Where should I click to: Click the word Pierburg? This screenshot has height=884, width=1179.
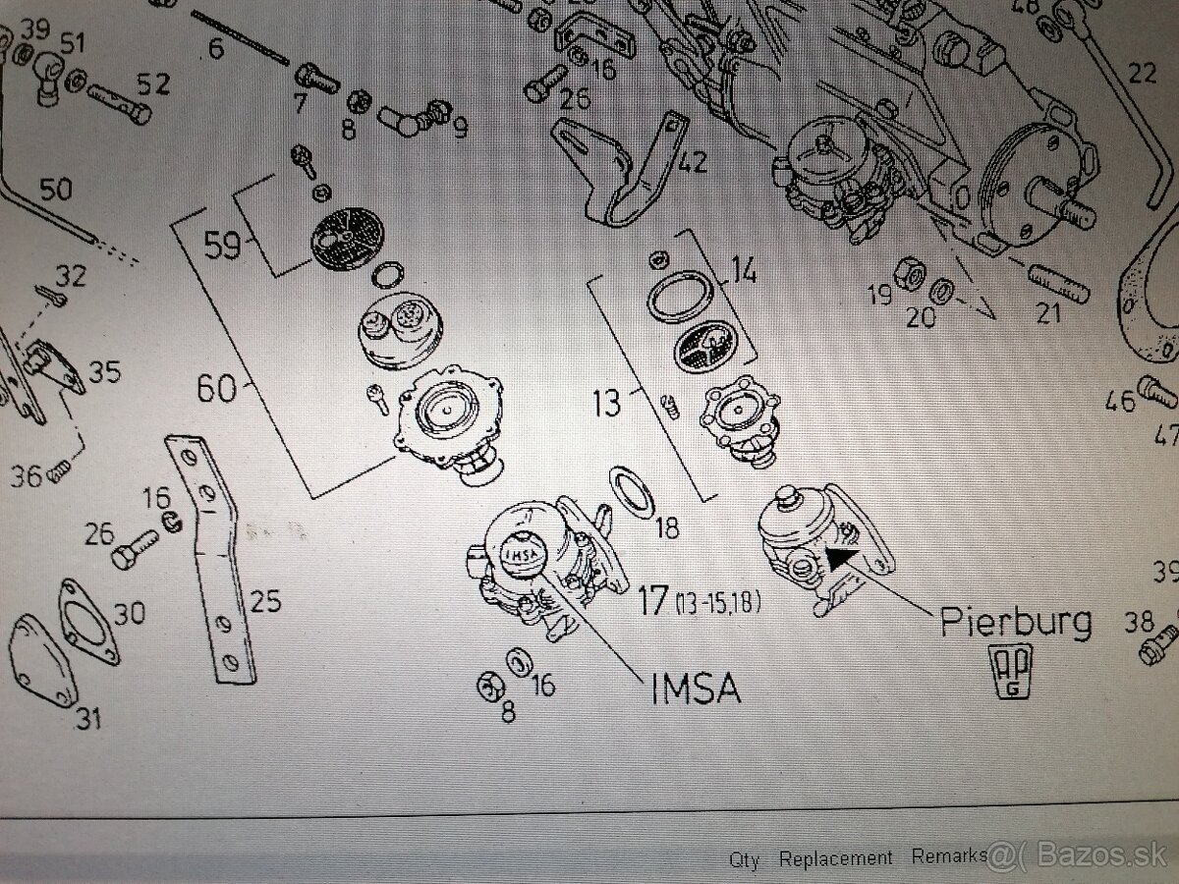tap(1016, 623)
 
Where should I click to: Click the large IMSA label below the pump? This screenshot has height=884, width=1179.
tap(696, 688)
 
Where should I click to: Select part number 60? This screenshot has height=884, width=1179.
tap(216, 388)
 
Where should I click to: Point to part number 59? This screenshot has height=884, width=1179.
tap(222, 245)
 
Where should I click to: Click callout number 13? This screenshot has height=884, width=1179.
tap(607, 403)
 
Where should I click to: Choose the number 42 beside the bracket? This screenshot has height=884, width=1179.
tap(692, 161)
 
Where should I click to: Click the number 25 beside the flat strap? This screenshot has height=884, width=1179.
tap(265, 600)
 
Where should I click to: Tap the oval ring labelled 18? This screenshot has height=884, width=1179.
tap(632, 492)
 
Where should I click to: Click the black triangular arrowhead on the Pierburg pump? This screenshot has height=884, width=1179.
tap(841, 558)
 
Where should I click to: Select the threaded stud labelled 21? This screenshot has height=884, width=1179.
tap(1059, 286)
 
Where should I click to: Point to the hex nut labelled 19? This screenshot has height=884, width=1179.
tap(908, 274)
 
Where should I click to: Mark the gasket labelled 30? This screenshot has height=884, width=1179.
tap(88, 622)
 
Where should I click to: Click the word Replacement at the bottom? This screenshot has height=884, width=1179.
tap(835, 857)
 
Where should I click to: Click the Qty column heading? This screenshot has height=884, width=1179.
tap(744, 860)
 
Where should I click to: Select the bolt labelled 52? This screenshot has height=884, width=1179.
tap(119, 104)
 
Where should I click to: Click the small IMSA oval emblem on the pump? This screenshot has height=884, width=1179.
tap(522, 555)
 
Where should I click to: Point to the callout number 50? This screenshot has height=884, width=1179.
tap(55, 190)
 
